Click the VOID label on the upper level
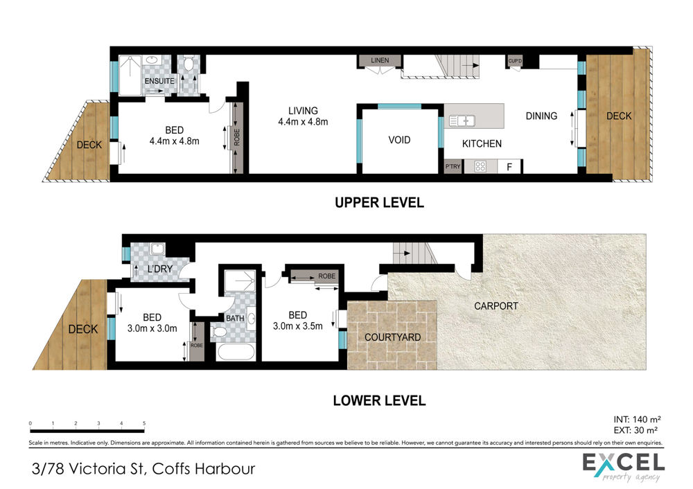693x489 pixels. click(399, 140)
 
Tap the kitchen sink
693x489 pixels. click(462, 121)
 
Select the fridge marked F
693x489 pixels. click(509, 167)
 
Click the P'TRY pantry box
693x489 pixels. click(453, 166)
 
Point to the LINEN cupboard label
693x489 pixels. click(380, 60)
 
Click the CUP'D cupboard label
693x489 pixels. click(515, 61)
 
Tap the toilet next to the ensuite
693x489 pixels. click(188, 64)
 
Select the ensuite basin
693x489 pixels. click(152, 60)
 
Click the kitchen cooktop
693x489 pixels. click(480, 167)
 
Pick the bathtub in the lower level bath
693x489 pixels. click(236, 353)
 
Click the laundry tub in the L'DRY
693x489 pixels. click(157, 249)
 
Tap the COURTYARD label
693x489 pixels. click(392, 337)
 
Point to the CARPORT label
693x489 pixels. click(496, 305)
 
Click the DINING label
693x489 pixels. click(541, 116)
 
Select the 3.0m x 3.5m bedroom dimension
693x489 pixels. click(297, 326)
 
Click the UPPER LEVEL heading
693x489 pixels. click(379, 203)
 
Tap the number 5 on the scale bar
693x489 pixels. click(144, 423)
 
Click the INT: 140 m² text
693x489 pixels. click(637, 420)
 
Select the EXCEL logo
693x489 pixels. click(624, 466)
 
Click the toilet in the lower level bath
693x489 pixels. click(219, 332)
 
